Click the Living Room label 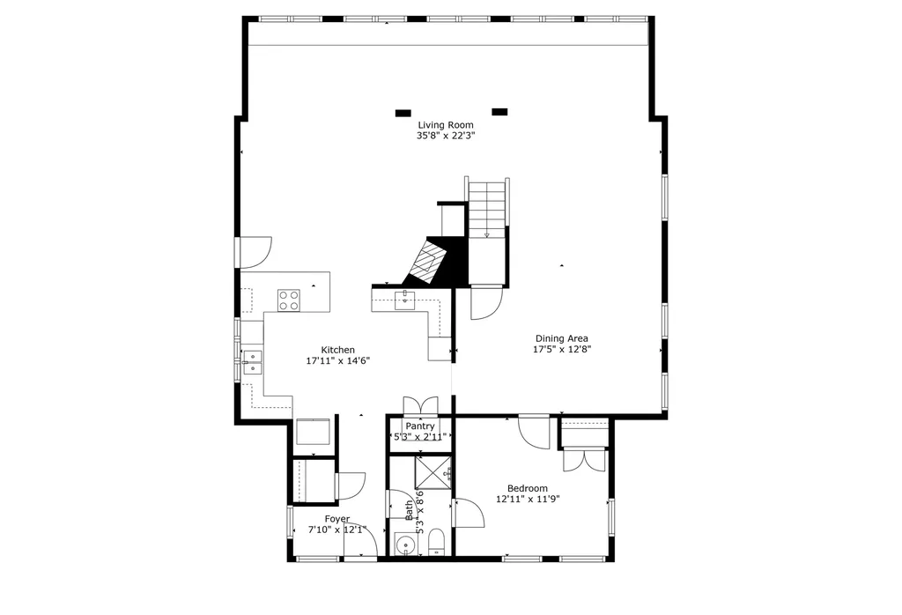coord(445,125)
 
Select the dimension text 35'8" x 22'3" coord(445,136)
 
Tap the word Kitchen coord(337,350)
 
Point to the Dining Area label coord(562,338)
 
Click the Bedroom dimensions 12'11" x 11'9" coord(528,499)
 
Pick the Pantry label coord(420,426)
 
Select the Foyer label coord(336,519)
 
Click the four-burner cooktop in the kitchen coord(288,300)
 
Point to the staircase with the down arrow coord(487,209)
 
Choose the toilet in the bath coord(435,540)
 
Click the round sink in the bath coord(406,545)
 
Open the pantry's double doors coord(420,406)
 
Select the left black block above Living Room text coord(403,113)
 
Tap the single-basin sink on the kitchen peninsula coord(405,300)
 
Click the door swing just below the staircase coord(485,303)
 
